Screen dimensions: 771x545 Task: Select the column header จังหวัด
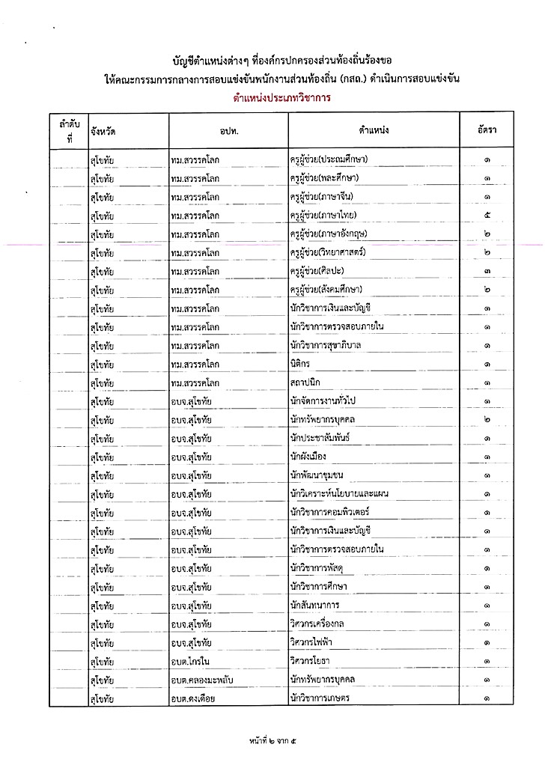coord(102,131)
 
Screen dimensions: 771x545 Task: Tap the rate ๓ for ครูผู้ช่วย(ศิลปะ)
coord(487,271)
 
